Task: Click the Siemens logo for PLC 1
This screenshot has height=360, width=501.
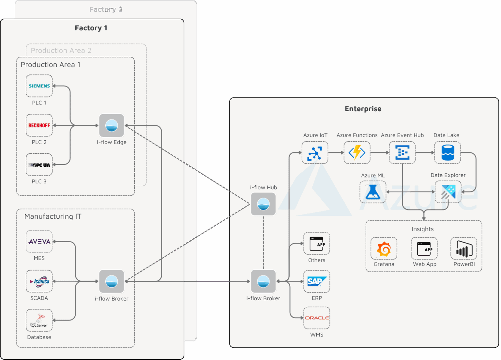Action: pos(39,86)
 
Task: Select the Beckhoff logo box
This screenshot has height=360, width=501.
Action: pos(39,125)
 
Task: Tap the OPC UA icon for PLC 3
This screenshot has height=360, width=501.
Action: pos(39,165)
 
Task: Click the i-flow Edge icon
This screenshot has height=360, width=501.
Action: pos(112,125)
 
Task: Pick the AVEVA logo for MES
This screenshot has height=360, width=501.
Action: pos(39,242)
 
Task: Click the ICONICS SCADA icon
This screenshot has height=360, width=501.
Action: pos(39,281)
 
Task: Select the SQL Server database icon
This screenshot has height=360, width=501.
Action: pos(39,321)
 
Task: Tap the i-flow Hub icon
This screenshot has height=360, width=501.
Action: pos(263,204)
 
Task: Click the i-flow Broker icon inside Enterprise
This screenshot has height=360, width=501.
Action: pos(263,281)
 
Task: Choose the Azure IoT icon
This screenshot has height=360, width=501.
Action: pos(315,153)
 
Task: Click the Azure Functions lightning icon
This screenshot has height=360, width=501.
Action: pos(357,153)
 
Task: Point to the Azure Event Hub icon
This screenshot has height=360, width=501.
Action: pos(402,153)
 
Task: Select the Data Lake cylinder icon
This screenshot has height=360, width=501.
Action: pos(448,153)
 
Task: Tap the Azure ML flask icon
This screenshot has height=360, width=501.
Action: pos(373,192)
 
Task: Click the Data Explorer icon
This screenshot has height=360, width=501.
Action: pos(448,192)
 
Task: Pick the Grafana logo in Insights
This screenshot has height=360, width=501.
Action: pos(384,249)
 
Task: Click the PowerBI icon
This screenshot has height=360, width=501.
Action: pos(464,249)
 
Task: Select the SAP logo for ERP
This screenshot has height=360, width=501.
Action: pos(316,281)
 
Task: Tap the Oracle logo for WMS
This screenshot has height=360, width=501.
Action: pos(316,318)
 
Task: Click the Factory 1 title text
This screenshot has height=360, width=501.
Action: pos(91,28)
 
